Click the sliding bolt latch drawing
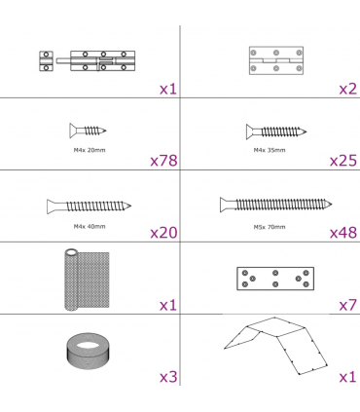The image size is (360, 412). point(88,60)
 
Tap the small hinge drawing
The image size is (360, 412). point(276,60)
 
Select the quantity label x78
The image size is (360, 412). point(163,161)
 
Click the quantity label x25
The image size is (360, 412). point(343,161)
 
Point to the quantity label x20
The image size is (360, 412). point(163,233)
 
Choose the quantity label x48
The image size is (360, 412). point(343,233)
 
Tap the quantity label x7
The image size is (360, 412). point(348,305)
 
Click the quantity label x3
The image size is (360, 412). point(168,377)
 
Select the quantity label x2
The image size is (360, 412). point(348,89)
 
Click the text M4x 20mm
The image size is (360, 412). point(90,150)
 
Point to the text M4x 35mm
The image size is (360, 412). point(270,150)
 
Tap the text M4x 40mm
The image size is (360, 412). point(90,226)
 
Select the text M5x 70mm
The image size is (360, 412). point(270,227)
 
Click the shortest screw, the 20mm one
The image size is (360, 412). point(88,131)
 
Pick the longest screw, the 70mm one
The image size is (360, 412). point(276,205)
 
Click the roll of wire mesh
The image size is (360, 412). point(87,280)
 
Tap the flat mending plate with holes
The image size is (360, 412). point(275,279)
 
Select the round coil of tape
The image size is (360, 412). point(89,351)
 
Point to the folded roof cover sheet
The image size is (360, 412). point(276,346)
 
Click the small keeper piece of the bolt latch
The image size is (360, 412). point(46,60)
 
